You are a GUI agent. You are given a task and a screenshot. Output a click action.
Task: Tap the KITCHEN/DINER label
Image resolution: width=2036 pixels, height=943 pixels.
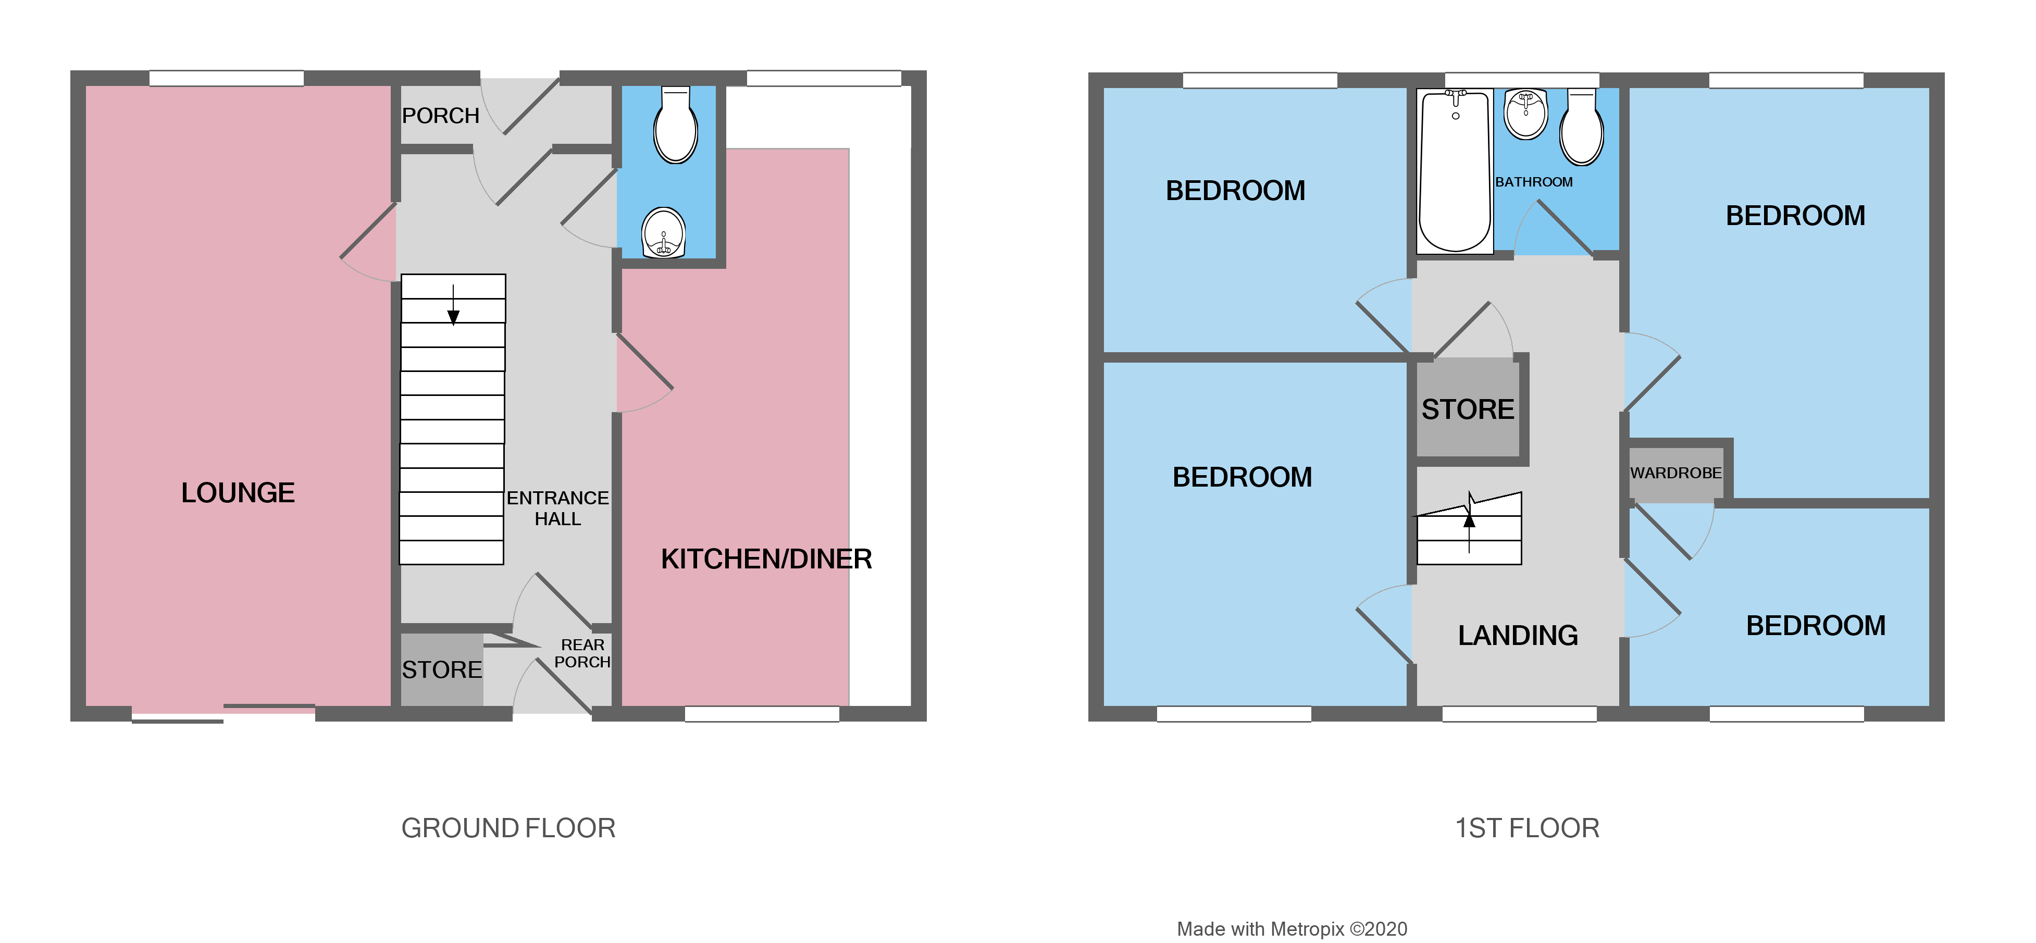click(x=765, y=559)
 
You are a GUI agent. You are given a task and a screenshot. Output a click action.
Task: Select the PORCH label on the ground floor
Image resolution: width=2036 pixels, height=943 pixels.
click(x=440, y=116)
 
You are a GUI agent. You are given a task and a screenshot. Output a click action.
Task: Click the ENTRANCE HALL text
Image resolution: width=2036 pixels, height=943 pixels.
click(x=557, y=508)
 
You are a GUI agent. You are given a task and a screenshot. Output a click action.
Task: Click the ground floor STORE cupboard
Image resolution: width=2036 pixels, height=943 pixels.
click(x=441, y=669)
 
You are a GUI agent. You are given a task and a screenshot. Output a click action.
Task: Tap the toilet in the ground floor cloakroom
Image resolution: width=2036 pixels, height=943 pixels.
click(x=675, y=127)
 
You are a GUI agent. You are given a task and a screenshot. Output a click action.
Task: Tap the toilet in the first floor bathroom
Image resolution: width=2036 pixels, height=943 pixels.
click(x=1582, y=129)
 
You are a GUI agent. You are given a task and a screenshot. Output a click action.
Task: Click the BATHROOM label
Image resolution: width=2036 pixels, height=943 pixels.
click(x=1533, y=182)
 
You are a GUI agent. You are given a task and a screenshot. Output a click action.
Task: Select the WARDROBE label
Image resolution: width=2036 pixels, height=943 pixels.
click(x=1675, y=473)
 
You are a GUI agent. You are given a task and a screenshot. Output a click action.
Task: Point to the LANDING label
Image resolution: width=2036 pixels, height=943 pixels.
click(x=1518, y=635)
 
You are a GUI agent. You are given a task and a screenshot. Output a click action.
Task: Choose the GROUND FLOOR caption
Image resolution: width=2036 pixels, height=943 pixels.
click(x=507, y=827)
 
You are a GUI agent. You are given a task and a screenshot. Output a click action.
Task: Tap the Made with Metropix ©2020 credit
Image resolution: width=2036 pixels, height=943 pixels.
click(x=1292, y=929)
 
